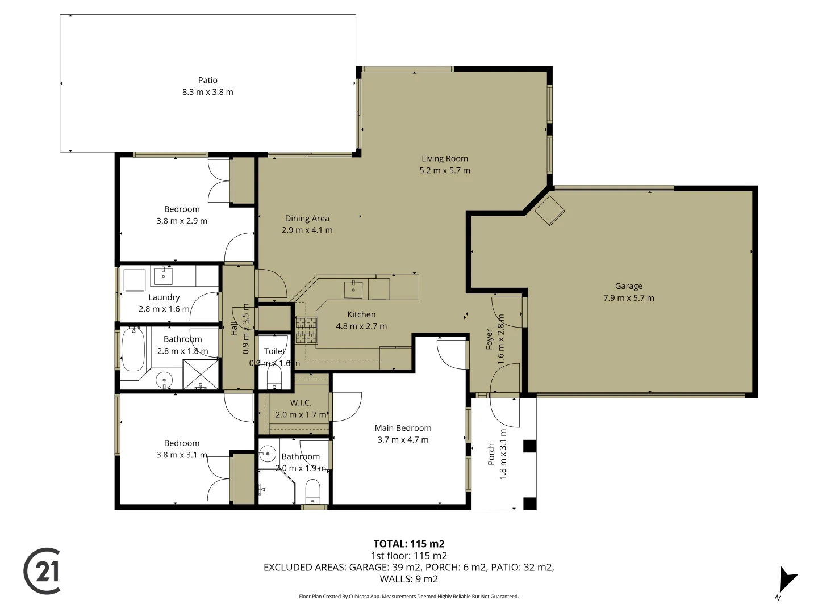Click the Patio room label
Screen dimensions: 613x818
(207, 81)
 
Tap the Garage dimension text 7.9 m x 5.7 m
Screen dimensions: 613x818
(628, 298)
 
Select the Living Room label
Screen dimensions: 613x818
(444, 159)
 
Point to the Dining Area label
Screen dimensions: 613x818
(307, 219)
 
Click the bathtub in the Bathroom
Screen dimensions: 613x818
(133, 349)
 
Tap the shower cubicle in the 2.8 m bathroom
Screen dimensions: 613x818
(201, 375)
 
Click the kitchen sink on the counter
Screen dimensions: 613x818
(353, 288)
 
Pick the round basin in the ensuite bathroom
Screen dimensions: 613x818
(268, 454)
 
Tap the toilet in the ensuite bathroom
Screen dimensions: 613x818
(313, 492)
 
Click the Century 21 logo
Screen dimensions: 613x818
(43, 571)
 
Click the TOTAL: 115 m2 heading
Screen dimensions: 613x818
(408, 544)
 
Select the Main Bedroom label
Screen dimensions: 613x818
(403, 428)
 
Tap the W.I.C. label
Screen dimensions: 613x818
(301, 403)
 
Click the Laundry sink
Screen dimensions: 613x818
(163, 276)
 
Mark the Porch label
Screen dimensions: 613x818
(491, 455)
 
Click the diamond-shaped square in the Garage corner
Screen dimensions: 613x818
(550, 211)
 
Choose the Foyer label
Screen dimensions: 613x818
(489, 339)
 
